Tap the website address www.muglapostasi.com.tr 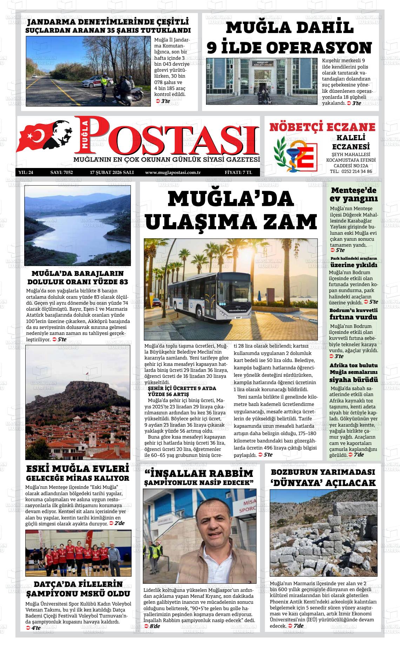[x=173, y=172]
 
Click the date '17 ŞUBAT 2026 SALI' [x=112, y=172]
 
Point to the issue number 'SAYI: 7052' [x=61, y=172]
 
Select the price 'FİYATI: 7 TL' [x=238, y=172]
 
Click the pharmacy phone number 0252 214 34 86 [x=351, y=172]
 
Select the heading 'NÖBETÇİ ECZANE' [x=322, y=127]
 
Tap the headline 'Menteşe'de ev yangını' [x=354, y=195]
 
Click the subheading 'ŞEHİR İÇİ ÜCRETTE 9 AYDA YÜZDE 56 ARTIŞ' [x=182, y=391]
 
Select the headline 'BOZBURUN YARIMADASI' [x=323, y=472]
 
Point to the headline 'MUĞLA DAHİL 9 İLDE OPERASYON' [x=289, y=38]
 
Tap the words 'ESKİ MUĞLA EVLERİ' [x=78, y=469]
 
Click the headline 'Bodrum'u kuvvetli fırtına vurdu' [x=354, y=314]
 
